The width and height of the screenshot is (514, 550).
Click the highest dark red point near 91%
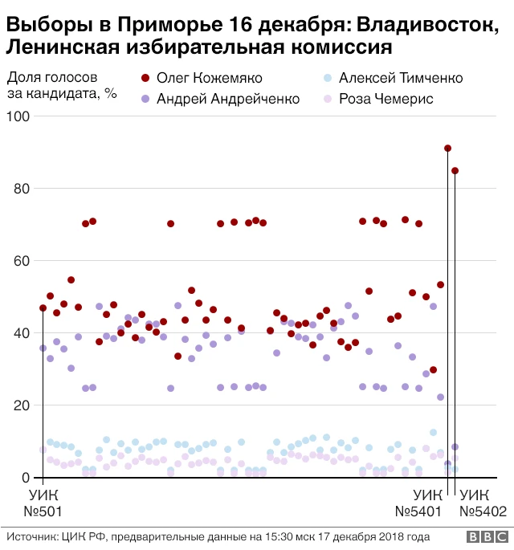(447, 149)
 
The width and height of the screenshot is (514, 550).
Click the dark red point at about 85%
(455, 171)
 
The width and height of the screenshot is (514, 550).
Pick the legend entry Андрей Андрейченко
(227, 100)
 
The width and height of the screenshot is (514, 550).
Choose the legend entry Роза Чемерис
(385, 100)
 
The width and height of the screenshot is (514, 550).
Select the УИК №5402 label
(483, 502)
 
